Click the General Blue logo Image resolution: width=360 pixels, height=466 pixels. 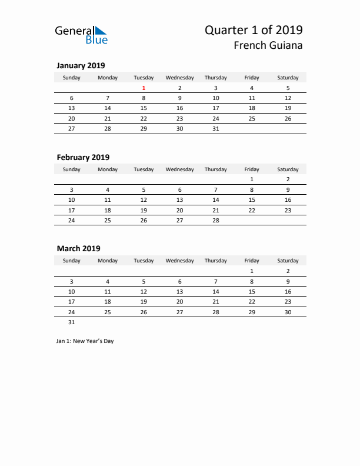point(81,35)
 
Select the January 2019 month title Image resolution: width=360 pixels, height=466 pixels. point(81,66)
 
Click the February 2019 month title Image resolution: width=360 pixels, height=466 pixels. point(83,157)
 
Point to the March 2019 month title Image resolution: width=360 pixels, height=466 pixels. point(78,249)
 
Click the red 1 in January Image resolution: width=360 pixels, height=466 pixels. point(144,88)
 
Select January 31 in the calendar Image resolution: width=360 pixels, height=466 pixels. point(216,128)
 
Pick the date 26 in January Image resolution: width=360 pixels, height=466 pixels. point(288,118)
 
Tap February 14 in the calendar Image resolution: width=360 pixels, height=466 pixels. point(216,199)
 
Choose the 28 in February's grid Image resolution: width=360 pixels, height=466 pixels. point(216,220)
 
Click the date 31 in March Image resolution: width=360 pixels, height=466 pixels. point(72,322)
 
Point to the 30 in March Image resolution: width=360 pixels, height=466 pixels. point(288,312)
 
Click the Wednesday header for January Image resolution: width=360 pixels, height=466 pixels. point(180,78)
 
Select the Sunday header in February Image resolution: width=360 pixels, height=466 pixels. point(72,169)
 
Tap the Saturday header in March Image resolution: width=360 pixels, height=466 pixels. point(288,261)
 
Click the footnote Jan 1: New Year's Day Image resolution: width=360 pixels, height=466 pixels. point(85,341)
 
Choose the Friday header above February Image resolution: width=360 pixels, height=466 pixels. point(252,169)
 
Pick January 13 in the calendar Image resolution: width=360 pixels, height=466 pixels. point(72,108)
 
